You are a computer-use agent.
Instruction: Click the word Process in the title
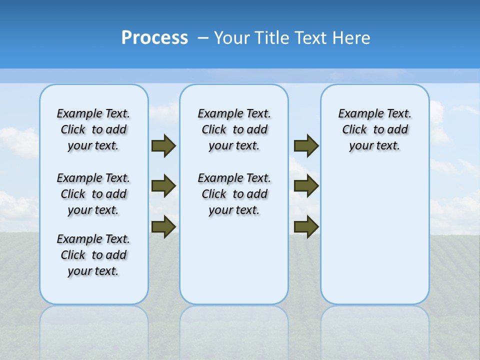click(154, 38)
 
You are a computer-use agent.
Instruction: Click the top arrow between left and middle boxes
click(163, 146)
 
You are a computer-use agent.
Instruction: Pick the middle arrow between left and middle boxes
click(163, 186)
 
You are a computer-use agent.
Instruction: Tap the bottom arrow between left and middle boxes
click(163, 226)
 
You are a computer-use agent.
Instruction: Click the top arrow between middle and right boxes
click(306, 146)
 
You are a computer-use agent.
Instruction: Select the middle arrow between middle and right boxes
click(306, 186)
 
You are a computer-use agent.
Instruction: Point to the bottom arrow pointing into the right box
click(306, 226)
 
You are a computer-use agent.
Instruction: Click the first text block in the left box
click(93, 129)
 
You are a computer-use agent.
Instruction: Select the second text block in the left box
click(93, 194)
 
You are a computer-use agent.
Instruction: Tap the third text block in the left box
click(93, 255)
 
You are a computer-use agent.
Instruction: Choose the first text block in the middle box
click(234, 129)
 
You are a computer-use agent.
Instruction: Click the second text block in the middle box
click(234, 194)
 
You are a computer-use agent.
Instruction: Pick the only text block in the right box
click(374, 129)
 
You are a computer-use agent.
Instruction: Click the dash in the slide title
click(203, 38)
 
